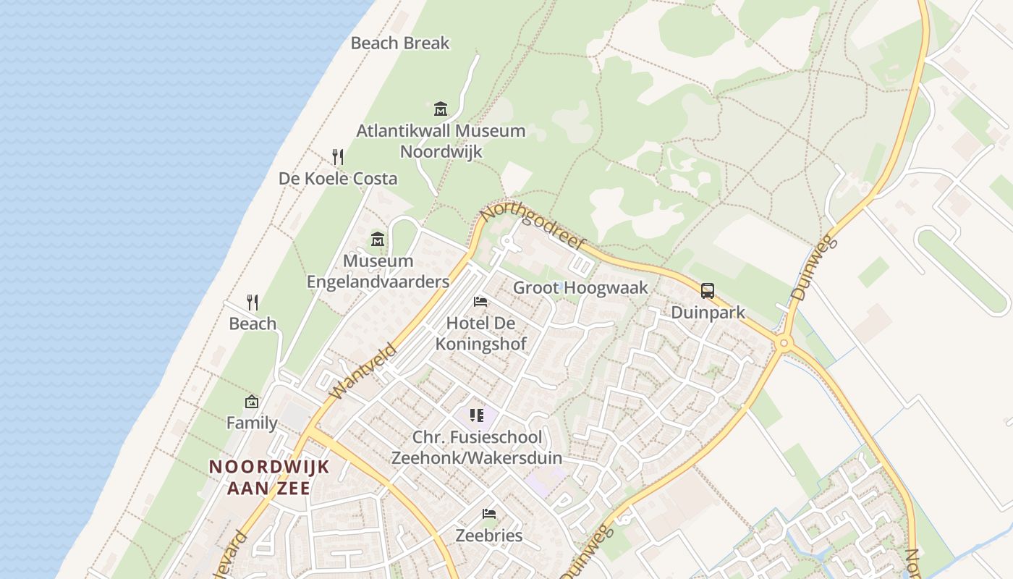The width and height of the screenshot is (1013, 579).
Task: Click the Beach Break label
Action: tap(400, 43)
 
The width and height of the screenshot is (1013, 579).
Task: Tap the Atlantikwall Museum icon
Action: tap(441, 109)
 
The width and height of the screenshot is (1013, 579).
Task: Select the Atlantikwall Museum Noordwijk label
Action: tap(441, 141)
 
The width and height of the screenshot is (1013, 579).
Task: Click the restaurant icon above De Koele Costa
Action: tap(337, 156)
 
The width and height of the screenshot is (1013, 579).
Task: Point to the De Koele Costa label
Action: tap(338, 179)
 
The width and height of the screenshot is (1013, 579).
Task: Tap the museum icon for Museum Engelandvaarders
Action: tap(378, 240)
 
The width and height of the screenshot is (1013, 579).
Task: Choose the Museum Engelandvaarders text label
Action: tap(378, 271)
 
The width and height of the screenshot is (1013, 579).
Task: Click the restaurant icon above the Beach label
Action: tap(253, 302)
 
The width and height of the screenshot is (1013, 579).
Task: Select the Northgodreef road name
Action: tap(533, 227)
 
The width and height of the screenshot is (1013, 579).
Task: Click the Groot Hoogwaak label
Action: tap(580, 288)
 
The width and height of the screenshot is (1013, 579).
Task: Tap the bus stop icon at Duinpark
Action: tap(708, 291)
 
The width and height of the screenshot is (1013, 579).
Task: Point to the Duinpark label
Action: tap(708, 313)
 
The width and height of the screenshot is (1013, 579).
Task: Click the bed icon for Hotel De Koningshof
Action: tap(480, 302)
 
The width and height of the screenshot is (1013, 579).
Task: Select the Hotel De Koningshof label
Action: tap(486, 333)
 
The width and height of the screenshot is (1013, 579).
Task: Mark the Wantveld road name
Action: tap(364, 371)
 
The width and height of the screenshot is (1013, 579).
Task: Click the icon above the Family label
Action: tap(252, 402)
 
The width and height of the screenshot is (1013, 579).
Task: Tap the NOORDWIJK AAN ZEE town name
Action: tap(269, 477)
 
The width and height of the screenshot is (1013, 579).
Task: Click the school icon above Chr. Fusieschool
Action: tap(476, 415)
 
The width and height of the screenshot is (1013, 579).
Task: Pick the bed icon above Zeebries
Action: tap(489, 514)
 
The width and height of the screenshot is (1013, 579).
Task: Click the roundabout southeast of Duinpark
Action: tap(783, 343)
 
